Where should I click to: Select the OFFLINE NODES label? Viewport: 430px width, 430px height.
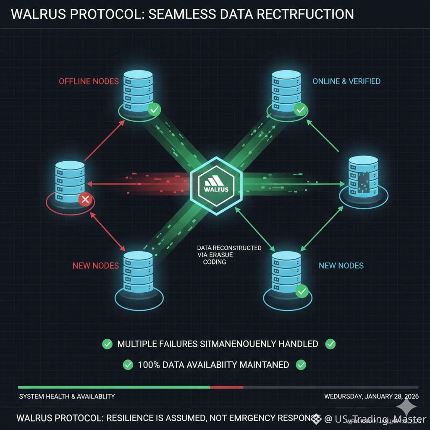click(89, 81)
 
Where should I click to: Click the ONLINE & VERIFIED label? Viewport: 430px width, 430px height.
click(346, 81)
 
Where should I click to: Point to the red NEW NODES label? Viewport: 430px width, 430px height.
click(95, 265)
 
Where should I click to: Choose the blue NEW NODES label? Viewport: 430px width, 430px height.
click(341, 265)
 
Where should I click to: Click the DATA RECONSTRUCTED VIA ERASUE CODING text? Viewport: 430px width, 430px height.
click(229, 255)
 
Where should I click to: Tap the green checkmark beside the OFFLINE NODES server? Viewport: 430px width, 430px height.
click(155, 110)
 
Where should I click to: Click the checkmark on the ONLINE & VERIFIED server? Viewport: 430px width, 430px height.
click(300, 110)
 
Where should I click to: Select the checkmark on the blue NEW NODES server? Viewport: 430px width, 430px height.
click(302, 291)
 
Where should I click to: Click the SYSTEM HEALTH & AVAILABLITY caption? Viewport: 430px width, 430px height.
click(67, 396)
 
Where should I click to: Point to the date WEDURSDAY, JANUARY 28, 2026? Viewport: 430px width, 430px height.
click(371, 396)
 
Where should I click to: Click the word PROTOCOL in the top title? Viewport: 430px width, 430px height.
click(94, 14)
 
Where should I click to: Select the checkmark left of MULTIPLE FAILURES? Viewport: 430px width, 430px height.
click(107, 344)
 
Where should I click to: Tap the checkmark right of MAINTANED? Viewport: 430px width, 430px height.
click(301, 364)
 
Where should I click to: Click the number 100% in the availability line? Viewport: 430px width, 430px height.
click(149, 364)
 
